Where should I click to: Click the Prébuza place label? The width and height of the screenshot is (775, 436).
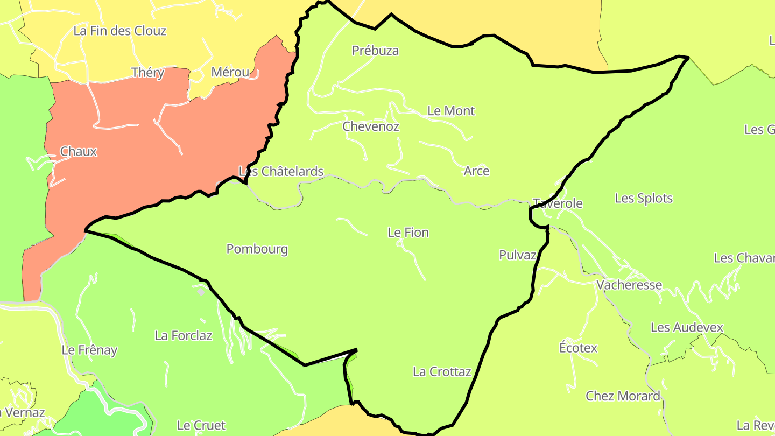[x=375, y=51]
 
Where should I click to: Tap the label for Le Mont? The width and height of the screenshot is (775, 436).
[x=451, y=111]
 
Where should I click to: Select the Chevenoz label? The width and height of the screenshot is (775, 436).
[x=371, y=126]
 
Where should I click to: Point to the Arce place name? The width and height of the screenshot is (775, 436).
[x=476, y=171]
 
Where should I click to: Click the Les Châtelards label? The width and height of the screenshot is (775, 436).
[x=281, y=171]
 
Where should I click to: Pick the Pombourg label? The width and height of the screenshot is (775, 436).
[x=257, y=249]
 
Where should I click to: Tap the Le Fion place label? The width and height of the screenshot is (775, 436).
[x=408, y=233]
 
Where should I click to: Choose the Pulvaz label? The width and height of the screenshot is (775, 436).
[x=517, y=255]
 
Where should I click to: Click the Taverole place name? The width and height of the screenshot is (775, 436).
[x=558, y=203]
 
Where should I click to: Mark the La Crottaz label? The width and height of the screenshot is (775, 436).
[x=442, y=372]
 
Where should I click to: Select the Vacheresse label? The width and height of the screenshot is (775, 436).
[x=629, y=285]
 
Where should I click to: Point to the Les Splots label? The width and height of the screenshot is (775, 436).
[x=644, y=199]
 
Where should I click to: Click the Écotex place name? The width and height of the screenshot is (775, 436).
[x=578, y=348]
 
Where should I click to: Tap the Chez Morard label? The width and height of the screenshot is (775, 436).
[x=623, y=397]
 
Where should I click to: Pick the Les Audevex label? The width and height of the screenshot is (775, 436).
[x=686, y=328]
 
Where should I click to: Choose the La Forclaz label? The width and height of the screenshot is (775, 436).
[x=183, y=336]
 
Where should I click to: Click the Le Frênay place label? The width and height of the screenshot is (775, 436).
[x=89, y=350]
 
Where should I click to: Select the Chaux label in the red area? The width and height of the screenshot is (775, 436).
[x=79, y=152]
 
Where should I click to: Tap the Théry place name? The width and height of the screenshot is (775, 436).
[x=147, y=73]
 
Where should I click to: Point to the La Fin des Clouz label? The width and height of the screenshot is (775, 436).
[x=119, y=31]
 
